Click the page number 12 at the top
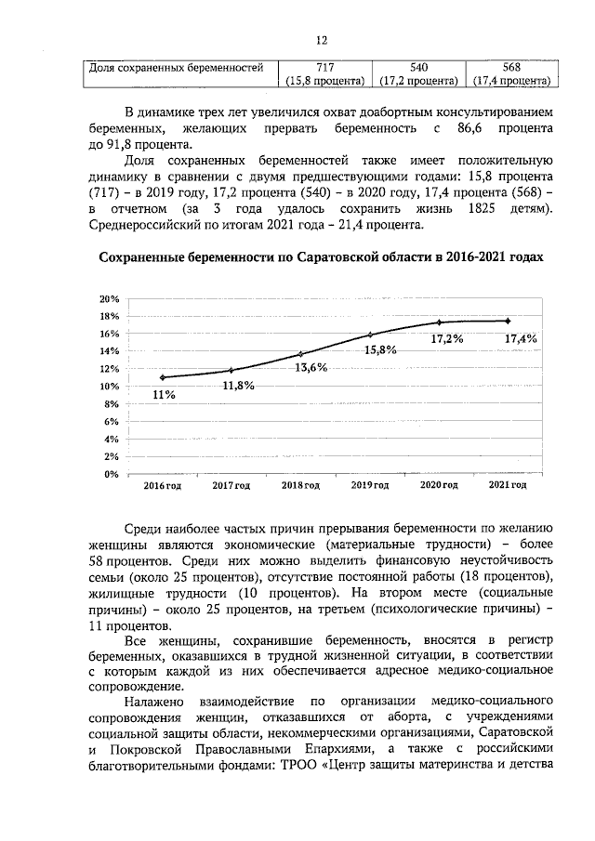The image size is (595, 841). pos(322,41)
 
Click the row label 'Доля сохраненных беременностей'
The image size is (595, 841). pos(177,68)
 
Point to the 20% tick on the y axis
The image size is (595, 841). pos(110,298)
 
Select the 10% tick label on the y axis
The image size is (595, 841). pos(110,387)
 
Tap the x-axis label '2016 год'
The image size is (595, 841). pos(162,486)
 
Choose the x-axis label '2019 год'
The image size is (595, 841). pos(369,486)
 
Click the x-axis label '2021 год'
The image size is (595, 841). pos(508,485)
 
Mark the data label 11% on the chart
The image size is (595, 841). pos(164,395)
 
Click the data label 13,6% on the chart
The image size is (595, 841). pos(311,368)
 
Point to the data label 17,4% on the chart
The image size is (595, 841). pos(521,339)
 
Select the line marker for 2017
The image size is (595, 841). pos(231,370)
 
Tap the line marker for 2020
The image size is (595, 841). pos(439,322)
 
